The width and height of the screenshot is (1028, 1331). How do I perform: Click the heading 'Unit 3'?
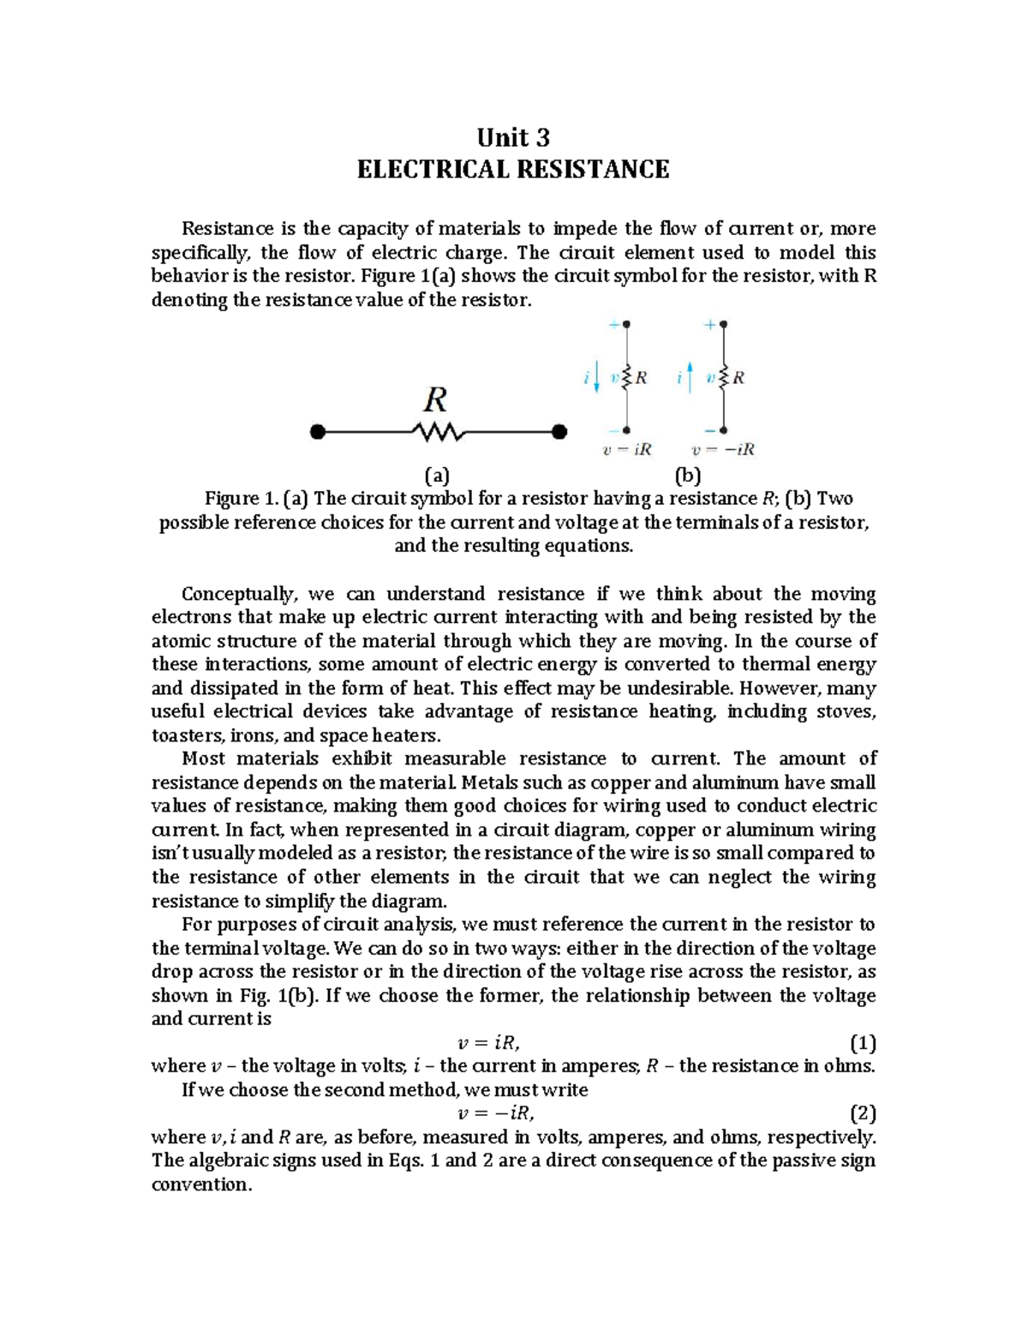tap(512, 138)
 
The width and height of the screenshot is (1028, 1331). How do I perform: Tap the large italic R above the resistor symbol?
tap(436, 400)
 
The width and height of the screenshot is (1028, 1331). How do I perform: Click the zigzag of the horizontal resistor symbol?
tap(439, 433)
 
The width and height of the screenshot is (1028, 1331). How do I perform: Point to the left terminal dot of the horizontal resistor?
tap(318, 433)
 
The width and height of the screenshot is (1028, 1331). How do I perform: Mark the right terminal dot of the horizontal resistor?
tap(559, 433)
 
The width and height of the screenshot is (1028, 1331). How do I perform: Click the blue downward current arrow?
tap(596, 377)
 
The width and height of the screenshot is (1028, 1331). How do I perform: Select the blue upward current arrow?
tap(690, 377)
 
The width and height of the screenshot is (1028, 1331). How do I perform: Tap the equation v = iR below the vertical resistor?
tap(627, 450)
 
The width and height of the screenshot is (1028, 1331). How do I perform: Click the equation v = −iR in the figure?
tap(723, 450)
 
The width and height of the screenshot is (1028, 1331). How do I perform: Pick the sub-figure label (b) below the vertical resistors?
tap(687, 476)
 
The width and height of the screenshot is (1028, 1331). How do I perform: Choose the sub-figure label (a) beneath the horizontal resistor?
tap(437, 476)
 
